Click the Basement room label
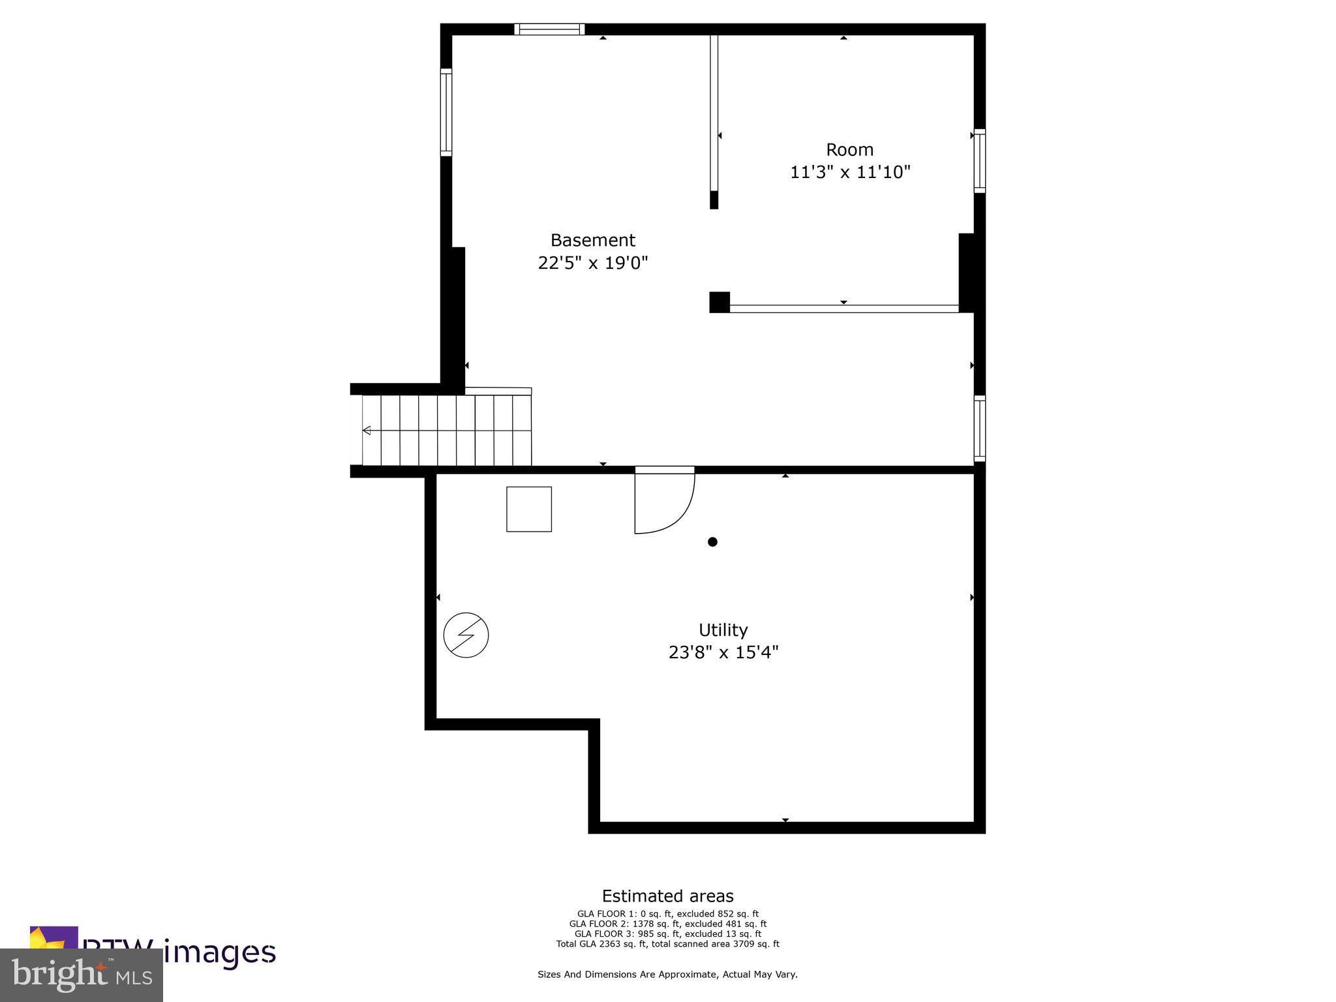[x=592, y=240]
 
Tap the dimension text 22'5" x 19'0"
[x=592, y=263]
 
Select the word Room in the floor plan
[x=849, y=149]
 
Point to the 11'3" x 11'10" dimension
[x=849, y=172]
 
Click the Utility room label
[x=723, y=630]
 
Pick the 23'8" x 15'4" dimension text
[x=723, y=652]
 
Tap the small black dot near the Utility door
[x=712, y=541]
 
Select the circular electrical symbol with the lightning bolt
[x=466, y=635]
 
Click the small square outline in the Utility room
[x=529, y=509]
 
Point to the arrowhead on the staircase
[x=367, y=431]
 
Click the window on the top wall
[x=549, y=29]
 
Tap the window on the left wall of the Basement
[x=446, y=112]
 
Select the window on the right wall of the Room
[x=979, y=160]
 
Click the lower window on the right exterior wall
[x=979, y=428]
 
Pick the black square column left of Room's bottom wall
[x=719, y=302]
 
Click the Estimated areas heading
[x=667, y=896]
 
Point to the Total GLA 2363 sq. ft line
[x=667, y=943]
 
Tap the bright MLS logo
[x=82, y=975]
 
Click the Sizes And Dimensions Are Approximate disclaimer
[x=667, y=974]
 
